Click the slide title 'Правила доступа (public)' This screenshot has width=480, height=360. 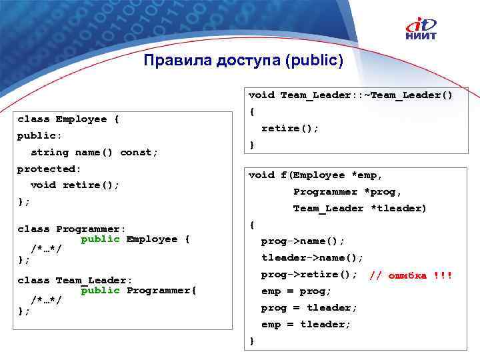click(244, 61)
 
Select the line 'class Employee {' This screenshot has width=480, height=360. click(68, 119)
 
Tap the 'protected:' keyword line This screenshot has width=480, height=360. click(49, 169)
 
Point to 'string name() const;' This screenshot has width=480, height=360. click(94, 153)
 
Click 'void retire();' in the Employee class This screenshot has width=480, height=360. click(75, 185)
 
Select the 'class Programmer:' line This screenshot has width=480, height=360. click(71, 229)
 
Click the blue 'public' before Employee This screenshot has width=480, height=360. click(100, 239)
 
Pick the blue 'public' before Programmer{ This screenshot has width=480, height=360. click(100, 291)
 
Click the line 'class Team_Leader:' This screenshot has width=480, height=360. click(75, 281)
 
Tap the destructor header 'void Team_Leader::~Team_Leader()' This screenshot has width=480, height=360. click(350, 95)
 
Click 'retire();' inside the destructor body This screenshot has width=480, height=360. click(290, 128)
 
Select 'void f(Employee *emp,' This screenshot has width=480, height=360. click(315, 175)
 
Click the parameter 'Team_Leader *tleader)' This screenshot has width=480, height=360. click(359, 209)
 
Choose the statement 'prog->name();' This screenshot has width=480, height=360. click(303, 241)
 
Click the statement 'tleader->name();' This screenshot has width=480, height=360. click(312, 258)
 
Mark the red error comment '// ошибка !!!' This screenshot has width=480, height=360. click(411, 275)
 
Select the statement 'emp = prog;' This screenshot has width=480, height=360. click(296, 291)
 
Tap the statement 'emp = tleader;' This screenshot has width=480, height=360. click(305, 325)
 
